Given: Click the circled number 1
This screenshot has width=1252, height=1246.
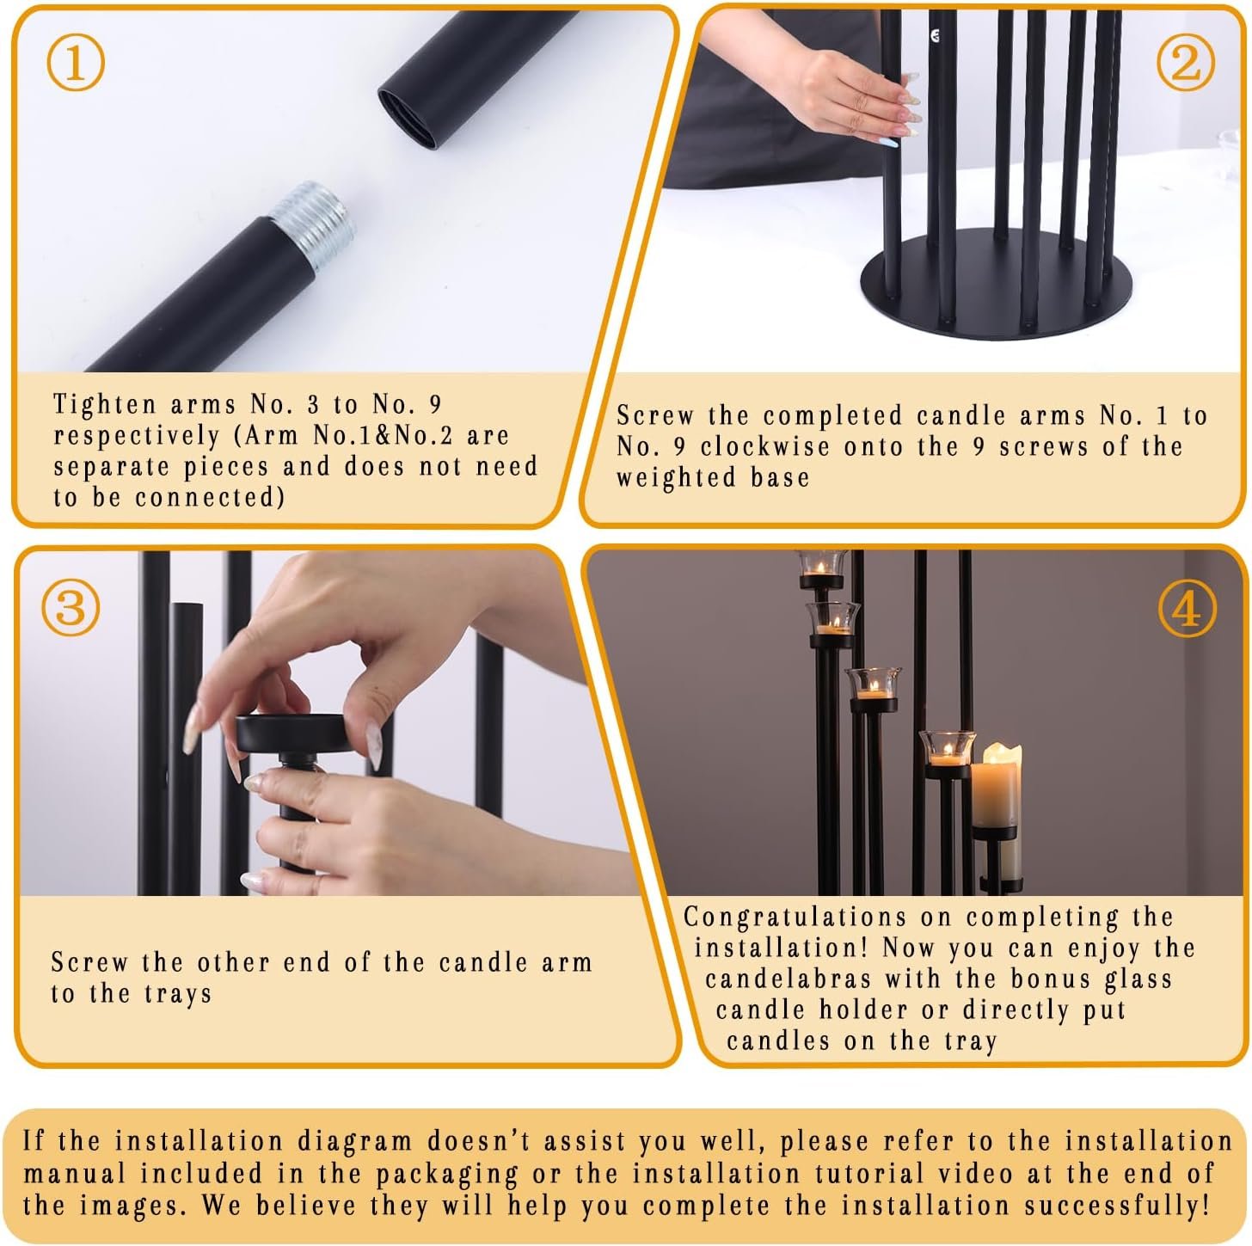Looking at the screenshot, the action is click(x=76, y=64).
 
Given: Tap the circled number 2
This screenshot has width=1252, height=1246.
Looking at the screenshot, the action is click(x=1186, y=64).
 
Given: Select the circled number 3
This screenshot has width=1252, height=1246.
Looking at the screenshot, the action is click(x=71, y=608).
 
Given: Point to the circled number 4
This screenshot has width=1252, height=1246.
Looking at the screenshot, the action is click(x=1187, y=610).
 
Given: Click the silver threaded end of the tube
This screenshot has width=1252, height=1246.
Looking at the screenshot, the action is click(x=313, y=224).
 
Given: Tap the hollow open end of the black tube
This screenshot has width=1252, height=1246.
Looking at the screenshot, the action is click(x=408, y=118).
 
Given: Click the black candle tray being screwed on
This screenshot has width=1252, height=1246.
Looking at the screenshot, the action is click(x=294, y=733).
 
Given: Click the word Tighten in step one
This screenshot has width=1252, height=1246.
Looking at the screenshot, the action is click(x=105, y=405).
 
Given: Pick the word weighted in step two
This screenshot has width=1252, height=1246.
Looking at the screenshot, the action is click(x=677, y=478).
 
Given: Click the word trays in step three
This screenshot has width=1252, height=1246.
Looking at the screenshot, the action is click(x=178, y=994).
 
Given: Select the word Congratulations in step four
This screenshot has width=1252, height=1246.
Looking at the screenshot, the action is click(x=794, y=918).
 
